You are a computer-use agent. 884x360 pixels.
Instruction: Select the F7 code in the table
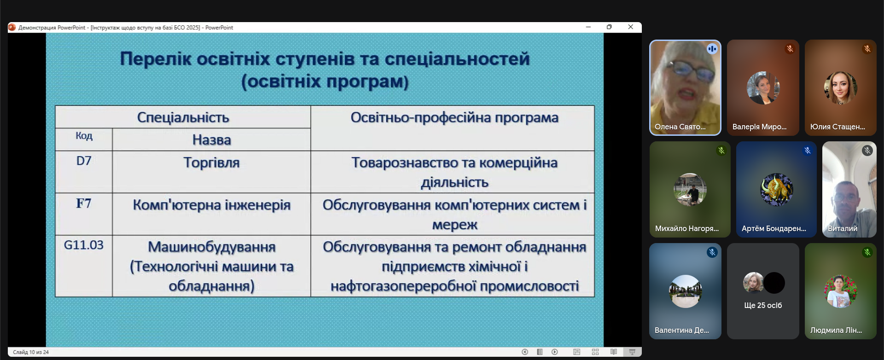tap(84, 203)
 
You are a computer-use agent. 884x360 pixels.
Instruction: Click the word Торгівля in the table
tap(212, 163)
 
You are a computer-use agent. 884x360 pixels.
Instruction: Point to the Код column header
tap(84, 135)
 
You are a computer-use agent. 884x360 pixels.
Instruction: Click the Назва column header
tap(212, 140)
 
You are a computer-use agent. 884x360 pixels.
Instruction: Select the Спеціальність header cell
tap(183, 117)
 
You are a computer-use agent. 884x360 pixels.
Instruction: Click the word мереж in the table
tap(455, 225)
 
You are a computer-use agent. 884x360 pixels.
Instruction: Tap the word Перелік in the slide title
tap(156, 59)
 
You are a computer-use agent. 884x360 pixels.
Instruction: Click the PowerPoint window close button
tap(631, 27)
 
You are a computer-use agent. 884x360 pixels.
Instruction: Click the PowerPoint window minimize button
tap(588, 27)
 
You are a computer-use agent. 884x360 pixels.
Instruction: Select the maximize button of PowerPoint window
tap(609, 27)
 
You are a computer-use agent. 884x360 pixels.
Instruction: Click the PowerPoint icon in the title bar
tap(12, 28)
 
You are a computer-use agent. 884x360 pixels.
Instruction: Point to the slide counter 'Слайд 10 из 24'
tap(31, 352)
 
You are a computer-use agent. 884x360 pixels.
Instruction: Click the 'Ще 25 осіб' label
tap(763, 305)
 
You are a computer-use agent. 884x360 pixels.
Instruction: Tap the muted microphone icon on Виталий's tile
tap(867, 151)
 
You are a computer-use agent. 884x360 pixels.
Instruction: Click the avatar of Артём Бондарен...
tap(776, 189)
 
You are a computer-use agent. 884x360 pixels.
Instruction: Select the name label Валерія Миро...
tap(759, 127)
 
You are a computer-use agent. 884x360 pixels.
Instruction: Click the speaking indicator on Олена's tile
tap(712, 49)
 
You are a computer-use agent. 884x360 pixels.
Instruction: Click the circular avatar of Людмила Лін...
tap(840, 291)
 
